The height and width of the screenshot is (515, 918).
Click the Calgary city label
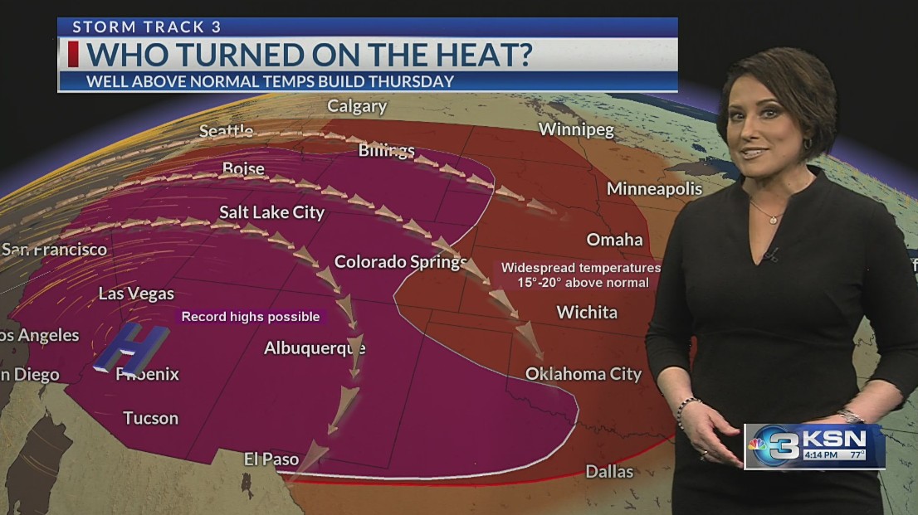click(357, 106)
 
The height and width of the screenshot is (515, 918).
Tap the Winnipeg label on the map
click(576, 129)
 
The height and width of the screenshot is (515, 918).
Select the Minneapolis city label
click(654, 189)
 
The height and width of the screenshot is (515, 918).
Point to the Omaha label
click(614, 240)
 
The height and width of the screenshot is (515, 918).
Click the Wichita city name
click(587, 313)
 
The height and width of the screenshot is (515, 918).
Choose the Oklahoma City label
click(584, 374)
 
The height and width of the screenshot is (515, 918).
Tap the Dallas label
click(609, 472)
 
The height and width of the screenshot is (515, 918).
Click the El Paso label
click(271, 459)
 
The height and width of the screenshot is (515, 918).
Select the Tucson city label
click(150, 418)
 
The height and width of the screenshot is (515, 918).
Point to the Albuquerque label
click(315, 348)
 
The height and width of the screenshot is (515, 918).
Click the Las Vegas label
click(136, 294)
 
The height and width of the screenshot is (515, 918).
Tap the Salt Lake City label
click(271, 213)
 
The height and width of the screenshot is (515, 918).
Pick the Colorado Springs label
click(400, 262)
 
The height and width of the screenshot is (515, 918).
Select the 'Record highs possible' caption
click(251, 317)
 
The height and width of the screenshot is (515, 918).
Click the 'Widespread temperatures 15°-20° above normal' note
click(580, 275)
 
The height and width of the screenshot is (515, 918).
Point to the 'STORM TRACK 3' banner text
click(147, 27)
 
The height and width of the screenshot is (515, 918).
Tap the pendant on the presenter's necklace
click(774, 220)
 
